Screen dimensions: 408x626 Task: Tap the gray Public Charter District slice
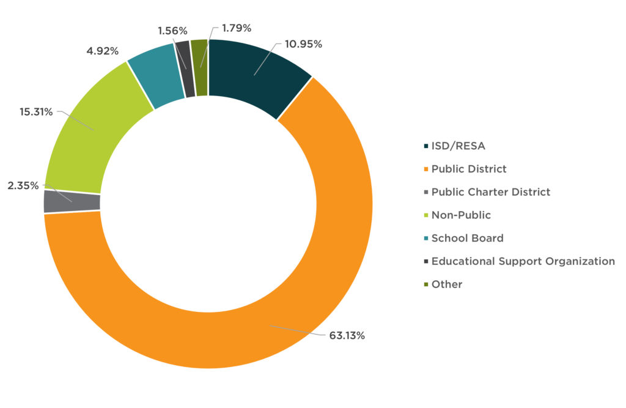click(72, 201)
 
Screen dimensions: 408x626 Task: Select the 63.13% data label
click(347, 335)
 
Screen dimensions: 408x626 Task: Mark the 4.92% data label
click(102, 51)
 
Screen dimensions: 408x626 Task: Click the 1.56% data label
click(172, 31)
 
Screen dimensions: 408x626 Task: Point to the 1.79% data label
click(237, 28)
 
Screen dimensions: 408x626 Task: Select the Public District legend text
click(469, 169)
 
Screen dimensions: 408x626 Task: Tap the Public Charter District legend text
click(491, 192)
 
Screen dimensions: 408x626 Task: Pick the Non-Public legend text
click(461, 215)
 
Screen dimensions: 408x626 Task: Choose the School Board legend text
click(468, 238)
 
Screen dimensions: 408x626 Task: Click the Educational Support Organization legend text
click(523, 261)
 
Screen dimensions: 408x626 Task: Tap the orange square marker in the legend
click(425, 169)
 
